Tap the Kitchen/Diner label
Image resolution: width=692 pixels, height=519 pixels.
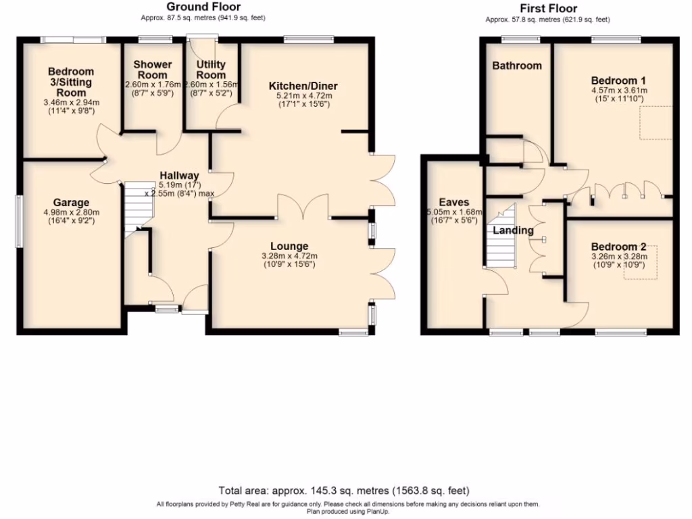303,86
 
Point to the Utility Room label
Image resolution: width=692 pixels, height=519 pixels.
211,69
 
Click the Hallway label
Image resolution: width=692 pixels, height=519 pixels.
179,175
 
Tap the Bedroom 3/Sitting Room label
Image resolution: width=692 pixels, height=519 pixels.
71,82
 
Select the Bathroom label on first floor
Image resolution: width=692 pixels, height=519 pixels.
516,66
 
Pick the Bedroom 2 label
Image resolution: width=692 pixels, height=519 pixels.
614,246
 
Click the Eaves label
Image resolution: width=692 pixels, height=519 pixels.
454,202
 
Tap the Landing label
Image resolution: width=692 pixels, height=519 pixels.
513,230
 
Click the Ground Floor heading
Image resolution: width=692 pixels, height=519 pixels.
203,7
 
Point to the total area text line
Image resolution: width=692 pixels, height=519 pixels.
344,491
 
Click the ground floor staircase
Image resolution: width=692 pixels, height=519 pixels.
134,207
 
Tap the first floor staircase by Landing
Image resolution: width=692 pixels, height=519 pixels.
501,239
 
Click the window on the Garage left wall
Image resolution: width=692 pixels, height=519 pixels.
18,221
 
